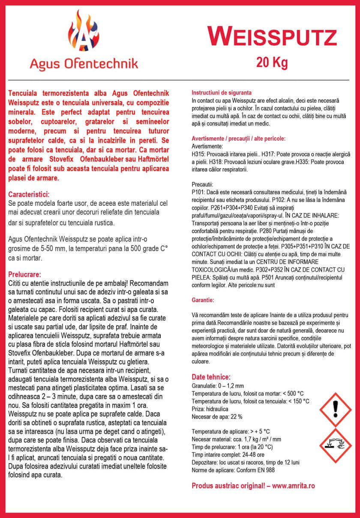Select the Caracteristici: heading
[29, 194]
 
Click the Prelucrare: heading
[24, 274]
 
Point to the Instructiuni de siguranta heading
[221, 93]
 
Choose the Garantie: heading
[202, 299]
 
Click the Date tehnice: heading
[211, 377]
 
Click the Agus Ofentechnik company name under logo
[84, 64]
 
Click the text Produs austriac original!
[226, 486]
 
